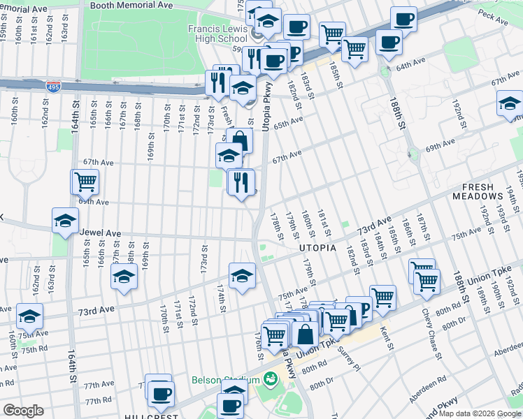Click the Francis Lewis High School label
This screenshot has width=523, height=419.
[217, 34]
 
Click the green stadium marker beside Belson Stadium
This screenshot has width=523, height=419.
[271, 380]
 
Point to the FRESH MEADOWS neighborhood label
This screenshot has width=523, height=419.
[487, 193]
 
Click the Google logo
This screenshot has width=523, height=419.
[23, 410]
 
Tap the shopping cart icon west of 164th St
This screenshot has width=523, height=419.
[85, 182]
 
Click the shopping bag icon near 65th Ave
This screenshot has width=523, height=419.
[240, 140]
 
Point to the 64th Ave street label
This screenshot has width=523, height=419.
[410, 67]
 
